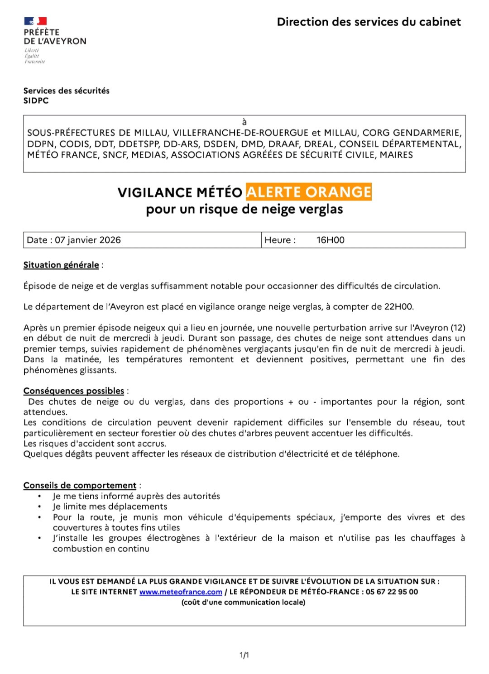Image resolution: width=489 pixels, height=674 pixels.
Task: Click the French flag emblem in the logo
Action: [35, 21]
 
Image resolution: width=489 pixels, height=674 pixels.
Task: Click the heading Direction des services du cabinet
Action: [369, 22]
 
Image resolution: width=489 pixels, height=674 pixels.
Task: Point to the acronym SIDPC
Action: [36, 100]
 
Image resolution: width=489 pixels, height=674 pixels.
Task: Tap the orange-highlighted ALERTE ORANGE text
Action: [308, 192]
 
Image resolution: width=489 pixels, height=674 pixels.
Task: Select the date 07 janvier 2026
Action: [88, 240]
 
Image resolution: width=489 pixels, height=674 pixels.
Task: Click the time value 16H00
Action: [330, 240]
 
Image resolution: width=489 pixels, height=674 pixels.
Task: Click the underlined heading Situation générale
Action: [61, 265]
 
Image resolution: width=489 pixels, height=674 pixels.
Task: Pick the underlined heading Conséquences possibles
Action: [74, 391]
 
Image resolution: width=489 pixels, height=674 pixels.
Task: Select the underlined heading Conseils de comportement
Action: [80, 485]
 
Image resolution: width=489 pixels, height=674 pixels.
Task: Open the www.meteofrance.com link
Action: [181, 592]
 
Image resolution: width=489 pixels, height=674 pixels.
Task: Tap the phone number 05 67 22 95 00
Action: [392, 592]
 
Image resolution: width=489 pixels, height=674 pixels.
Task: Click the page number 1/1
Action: [244, 655]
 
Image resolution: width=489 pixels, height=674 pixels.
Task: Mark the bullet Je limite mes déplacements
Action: [110, 507]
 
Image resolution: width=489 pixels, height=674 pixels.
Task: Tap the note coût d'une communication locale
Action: [244, 602]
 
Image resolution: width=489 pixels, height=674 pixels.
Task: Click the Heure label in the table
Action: [279, 240]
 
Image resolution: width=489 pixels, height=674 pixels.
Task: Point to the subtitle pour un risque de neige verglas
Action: [244, 209]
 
